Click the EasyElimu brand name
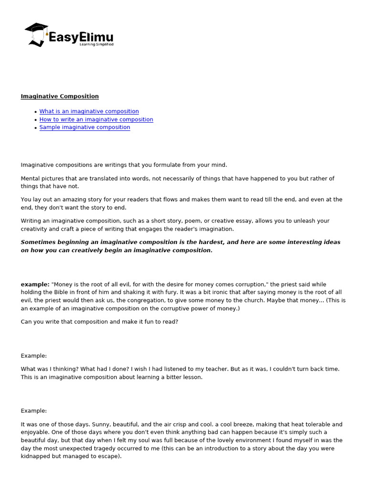[x=81, y=37]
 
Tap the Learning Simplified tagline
[x=96, y=44]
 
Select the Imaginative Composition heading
[x=60, y=96]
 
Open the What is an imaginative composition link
[x=89, y=111]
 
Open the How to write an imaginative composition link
[x=96, y=119]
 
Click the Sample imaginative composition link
[x=85, y=128]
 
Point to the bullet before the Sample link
[x=36, y=128]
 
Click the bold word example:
[x=35, y=285]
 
